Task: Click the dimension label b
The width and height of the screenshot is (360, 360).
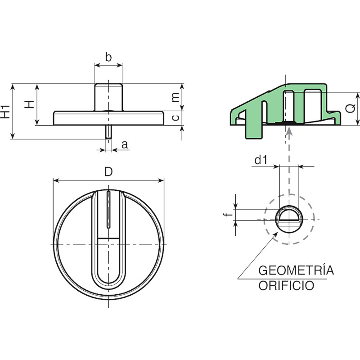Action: (x=108, y=57)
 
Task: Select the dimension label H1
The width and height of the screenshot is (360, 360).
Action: (x=5, y=112)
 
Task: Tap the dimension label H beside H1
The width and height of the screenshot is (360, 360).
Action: (x=30, y=104)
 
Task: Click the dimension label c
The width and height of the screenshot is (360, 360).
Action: (x=175, y=117)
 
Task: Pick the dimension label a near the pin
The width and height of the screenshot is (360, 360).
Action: (x=125, y=145)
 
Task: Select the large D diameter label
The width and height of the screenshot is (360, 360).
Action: (x=108, y=172)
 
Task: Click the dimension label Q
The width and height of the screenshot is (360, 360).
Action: (x=351, y=108)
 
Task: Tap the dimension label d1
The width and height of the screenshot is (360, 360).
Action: (x=261, y=160)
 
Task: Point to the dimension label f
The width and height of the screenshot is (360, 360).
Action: (x=228, y=215)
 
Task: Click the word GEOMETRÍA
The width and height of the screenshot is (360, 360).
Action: (x=296, y=270)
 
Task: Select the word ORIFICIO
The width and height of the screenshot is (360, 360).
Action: (x=286, y=286)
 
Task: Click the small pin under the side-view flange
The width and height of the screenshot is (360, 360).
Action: (x=108, y=132)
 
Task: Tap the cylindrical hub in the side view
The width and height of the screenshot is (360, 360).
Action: (x=108, y=97)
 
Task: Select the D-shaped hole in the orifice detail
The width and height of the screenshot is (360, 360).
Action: (x=289, y=214)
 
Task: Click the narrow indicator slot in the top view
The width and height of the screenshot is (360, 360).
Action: (x=108, y=209)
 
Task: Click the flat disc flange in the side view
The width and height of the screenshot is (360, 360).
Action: (x=108, y=118)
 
